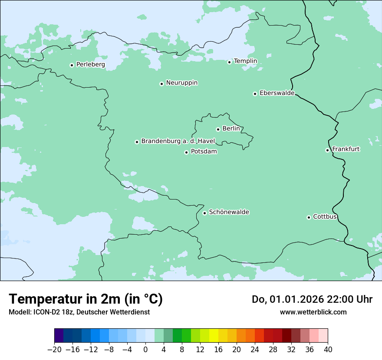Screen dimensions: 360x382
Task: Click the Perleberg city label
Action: (x=90, y=65)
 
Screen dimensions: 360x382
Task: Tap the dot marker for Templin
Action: (x=229, y=62)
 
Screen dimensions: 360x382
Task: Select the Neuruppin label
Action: (x=181, y=83)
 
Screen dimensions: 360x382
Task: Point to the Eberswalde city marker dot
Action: (x=255, y=94)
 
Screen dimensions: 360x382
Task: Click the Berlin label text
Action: (x=231, y=129)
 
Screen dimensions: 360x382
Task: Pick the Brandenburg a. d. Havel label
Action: (x=178, y=141)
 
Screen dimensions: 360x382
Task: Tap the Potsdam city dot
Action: (x=186, y=152)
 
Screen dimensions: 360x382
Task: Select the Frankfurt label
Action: (x=346, y=149)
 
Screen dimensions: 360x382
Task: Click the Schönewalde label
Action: (x=229, y=212)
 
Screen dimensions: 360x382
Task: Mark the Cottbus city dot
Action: (x=309, y=217)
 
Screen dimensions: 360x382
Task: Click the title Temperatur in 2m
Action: (x=86, y=299)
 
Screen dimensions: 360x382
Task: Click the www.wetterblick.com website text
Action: (x=313, y=312)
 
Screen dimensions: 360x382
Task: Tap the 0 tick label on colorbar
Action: (x=145, y=349)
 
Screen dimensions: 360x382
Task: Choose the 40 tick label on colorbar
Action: (x=328, y=349)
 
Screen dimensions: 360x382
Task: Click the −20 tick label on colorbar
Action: (x=54, y=349)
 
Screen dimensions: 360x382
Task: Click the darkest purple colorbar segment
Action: (x=59, y=336)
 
